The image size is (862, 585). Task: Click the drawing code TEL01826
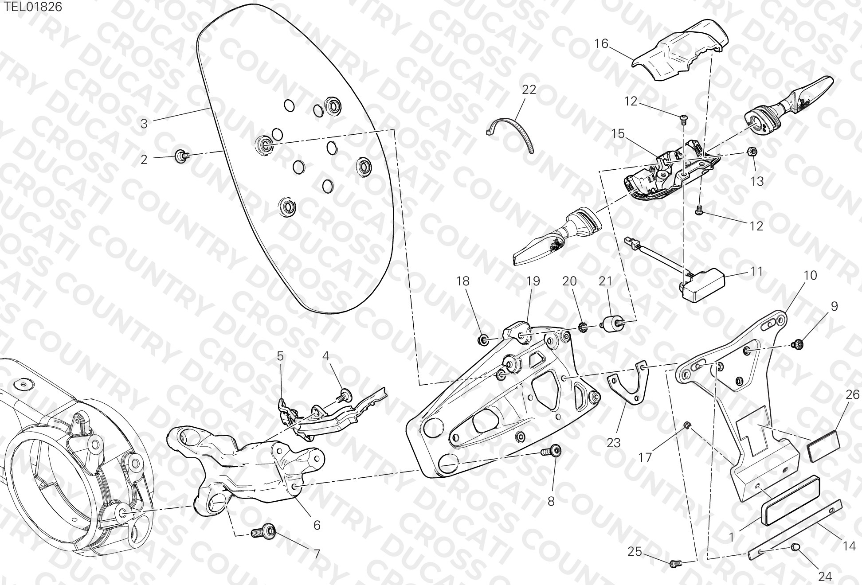click(33, 7)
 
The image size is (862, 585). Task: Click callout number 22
click(529, 90)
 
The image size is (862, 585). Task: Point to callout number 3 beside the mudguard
click(144, 124)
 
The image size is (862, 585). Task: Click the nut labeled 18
click(483, 340)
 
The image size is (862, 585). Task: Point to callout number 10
click(810, 275)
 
